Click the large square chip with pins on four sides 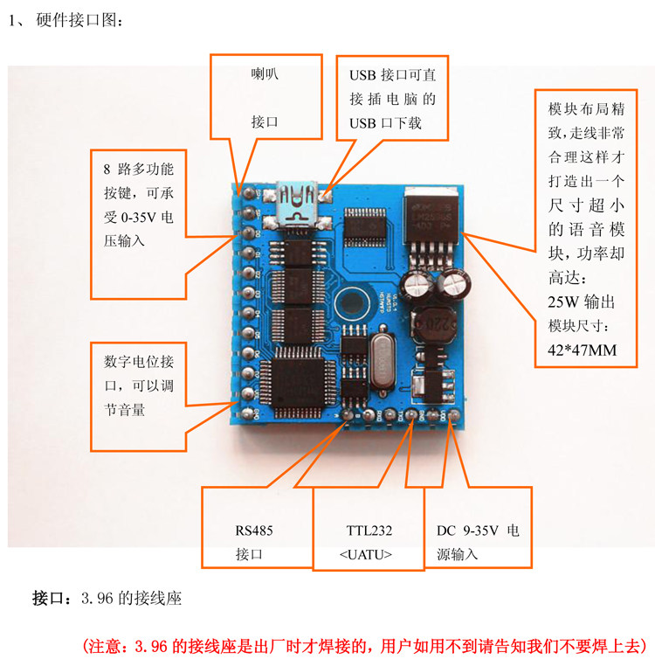click(x=300, y=381)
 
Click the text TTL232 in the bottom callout click(x=369, y=531)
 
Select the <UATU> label click(x=365, y=554)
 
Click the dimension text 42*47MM click(x=576, y=350)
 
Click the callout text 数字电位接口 click(x=138, y=361)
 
